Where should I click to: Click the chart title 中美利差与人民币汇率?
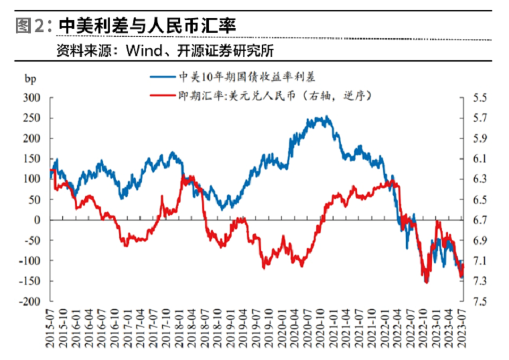coord(147,25)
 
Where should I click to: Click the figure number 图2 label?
coord(29,25)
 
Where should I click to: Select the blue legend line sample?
coord(163,77)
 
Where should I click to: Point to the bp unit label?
coord(30,79)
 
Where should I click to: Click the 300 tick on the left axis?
coord(31,98)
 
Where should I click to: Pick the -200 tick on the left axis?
coord(29,301)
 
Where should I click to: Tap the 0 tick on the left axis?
coord(37,220)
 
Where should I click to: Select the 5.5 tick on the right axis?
coord(480,98)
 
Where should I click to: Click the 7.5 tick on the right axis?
coord(480,301)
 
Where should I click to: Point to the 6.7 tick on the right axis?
coord(480,220)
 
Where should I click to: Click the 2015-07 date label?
coord(50,328)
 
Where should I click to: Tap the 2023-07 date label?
coord(462,328)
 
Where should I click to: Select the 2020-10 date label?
coord(321,328)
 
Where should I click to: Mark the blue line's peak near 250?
coord(327,116)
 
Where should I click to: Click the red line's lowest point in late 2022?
coord(427,282)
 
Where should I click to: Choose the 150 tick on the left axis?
coord(31,159)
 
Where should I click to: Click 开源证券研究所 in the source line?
coord(225,51)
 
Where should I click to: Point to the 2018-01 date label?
coord(179,328)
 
